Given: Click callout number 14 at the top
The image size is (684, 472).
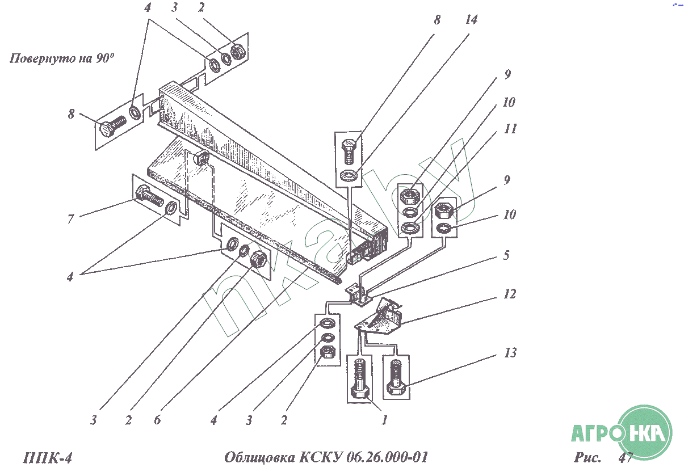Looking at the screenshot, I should [471, 20].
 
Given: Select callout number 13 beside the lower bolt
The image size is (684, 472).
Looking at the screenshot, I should [510, 353].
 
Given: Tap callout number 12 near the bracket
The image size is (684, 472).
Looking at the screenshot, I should [509, 294].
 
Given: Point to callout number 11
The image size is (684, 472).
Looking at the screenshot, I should [510, 129].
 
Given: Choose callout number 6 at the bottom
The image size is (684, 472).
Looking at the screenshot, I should [157, 420].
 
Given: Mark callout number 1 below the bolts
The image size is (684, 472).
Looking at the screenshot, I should [384, 420].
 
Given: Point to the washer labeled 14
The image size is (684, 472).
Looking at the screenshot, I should [348, 176].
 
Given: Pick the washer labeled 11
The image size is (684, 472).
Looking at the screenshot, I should [409, 229].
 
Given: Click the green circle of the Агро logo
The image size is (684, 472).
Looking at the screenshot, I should [644, 434].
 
